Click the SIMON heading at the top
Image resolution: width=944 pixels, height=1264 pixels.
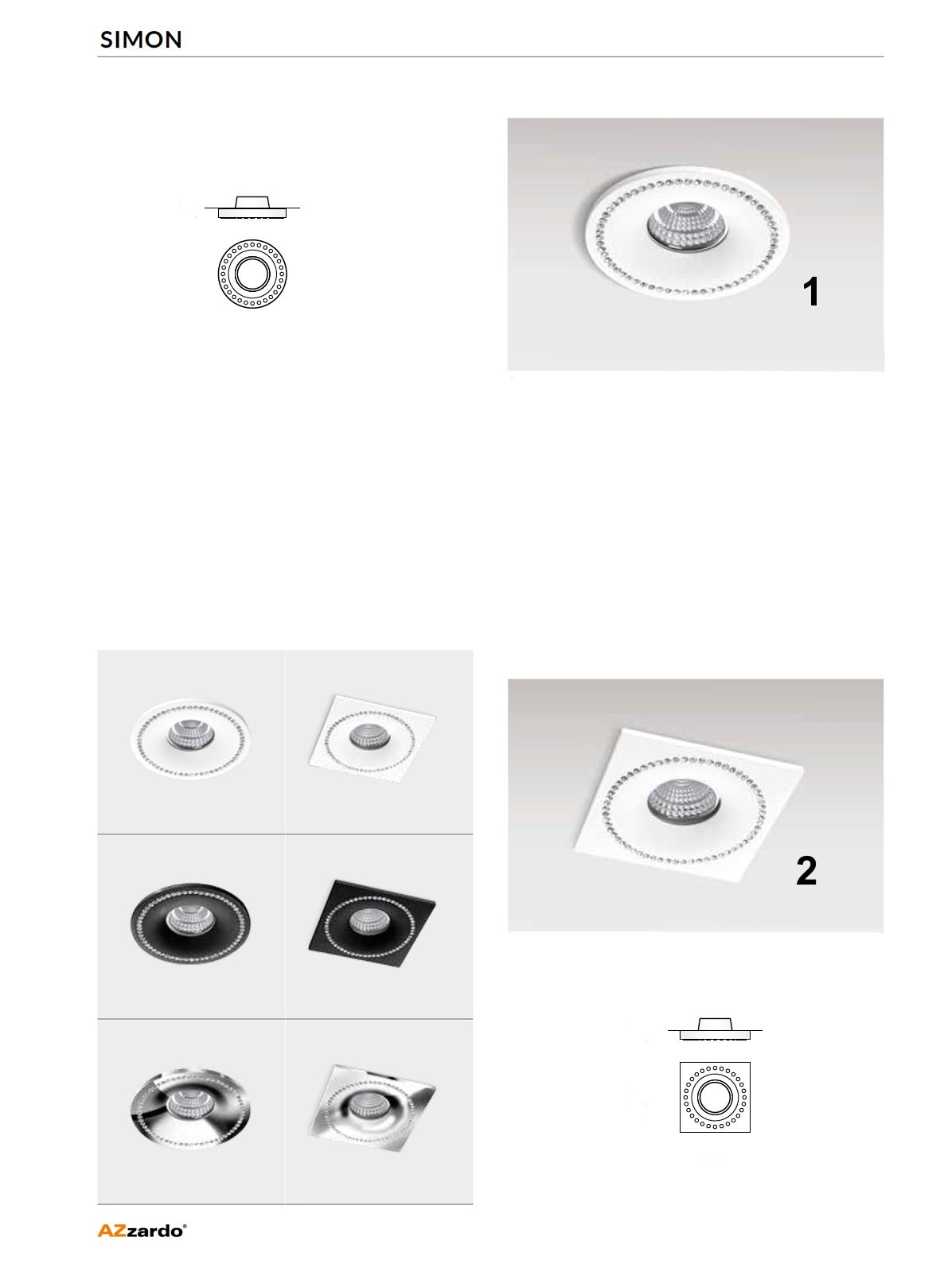click(141, 40)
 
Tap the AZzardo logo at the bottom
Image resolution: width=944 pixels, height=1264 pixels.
click(142, 1231)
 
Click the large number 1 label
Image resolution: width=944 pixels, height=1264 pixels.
click(811, 292)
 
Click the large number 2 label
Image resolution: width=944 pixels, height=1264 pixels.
click(806, 871)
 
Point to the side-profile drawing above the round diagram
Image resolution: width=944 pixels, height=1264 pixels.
click(252, 208)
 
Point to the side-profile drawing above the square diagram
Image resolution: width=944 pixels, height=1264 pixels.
click(715, 1030)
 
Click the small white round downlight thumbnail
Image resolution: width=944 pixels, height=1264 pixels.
click(190, 739)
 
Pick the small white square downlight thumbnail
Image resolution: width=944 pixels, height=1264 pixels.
click(372, 738)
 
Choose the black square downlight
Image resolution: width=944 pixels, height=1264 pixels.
click(372, 923)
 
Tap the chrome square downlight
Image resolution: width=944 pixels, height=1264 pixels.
click(372, 1107)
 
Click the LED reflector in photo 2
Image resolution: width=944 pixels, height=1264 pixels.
click(684, 800)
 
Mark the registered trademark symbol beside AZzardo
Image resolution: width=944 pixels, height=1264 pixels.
click(185, 1226)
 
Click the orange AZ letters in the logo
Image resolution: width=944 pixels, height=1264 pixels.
click(111, 1231)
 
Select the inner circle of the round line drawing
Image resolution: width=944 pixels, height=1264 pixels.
click(252, 258)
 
